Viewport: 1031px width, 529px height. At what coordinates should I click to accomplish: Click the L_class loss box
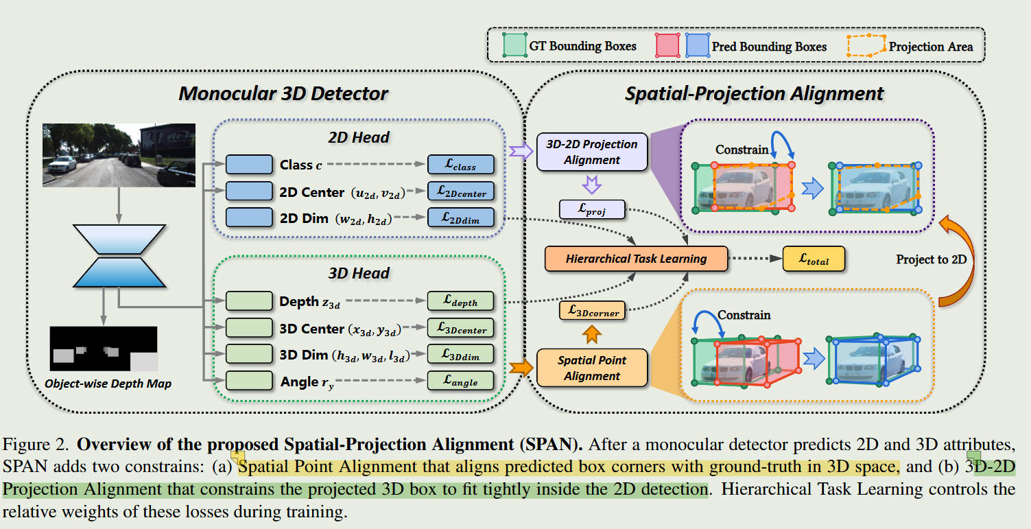point(461,165)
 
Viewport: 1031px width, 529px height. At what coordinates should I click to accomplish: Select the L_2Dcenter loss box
point(461,191)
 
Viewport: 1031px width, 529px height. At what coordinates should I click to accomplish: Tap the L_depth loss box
point(461,301)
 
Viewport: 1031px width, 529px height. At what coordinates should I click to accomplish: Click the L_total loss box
point(814,259)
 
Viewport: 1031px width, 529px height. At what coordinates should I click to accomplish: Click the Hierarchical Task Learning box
point(635,259)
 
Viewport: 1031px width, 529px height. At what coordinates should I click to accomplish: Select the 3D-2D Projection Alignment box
point(592,152)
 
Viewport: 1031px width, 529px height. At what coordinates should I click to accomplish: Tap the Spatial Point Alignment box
point(592,368)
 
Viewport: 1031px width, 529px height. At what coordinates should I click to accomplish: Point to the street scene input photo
point(119,155)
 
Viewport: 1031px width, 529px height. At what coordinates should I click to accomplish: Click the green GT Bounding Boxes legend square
point(514,45)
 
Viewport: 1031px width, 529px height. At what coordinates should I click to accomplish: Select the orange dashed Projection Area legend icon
point(866,45)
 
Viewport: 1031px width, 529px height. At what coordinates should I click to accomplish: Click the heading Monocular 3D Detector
point(283,93)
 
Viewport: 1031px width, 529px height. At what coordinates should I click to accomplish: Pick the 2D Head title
point(358,137)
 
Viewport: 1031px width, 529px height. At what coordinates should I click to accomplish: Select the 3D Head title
point(358,272)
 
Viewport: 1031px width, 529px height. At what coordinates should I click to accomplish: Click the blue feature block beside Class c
point(249,165)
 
